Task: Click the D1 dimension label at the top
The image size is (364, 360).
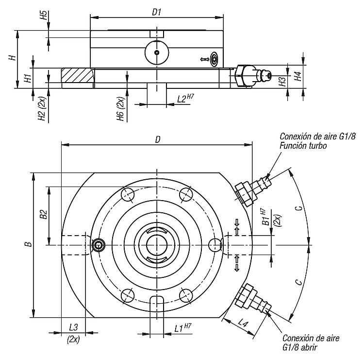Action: [x=156, y=12]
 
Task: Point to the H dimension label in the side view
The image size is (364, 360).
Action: [x=12, y=57]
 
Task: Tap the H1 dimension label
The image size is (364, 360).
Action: [x=28, y=78]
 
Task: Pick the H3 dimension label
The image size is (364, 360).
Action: [x=282, y=81]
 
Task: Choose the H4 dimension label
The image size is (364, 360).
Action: [x=298, y=76]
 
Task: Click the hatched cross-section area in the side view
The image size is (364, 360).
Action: [x=78, y=75]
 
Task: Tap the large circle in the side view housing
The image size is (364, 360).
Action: [x=157, y=52]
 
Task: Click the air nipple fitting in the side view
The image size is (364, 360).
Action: [x=253, y=76]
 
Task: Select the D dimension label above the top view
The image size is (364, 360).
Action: [x=158, y=139]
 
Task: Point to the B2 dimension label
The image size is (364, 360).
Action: [x=43, y=214]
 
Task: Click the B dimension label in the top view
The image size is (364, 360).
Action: [x=28, y=244]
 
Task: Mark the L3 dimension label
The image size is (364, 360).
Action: [x=73, y=327]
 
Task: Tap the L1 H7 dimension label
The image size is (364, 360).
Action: [x=183, y=327]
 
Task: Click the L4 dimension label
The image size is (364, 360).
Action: [x=243, y=323]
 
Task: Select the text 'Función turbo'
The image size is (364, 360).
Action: [x=303, y=146]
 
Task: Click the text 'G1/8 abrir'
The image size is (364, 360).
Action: [x=300, y=347]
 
